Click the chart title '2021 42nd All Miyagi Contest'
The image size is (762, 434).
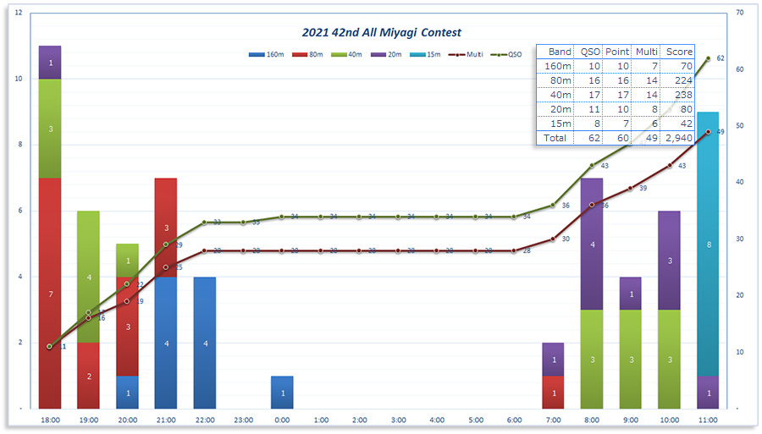tap(382, 32)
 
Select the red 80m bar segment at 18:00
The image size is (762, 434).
tap(50, 293)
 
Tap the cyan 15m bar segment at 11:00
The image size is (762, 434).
tap(708, 244)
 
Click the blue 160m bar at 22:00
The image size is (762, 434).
tap(204, 343)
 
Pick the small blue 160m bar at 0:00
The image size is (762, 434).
tap(282, 393)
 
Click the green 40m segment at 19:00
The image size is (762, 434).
tap(89, 277)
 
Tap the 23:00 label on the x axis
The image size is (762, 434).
tap(243, 420)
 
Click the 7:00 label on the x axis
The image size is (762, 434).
tap(553, 420)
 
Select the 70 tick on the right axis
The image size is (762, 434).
tap(739, 14)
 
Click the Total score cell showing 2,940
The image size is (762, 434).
tap(678, 137)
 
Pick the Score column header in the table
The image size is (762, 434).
tap(678, 52)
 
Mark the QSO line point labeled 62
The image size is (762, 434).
tap(708, 58)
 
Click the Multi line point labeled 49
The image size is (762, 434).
tap(708, 132)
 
